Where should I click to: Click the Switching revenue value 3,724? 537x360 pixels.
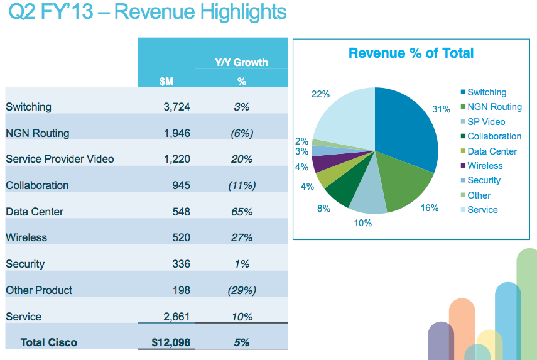pos(176,107)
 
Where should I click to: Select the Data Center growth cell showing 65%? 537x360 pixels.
pos(241,212)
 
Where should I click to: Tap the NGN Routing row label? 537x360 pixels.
pos(37,133)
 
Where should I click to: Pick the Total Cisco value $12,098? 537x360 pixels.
pos(171,342)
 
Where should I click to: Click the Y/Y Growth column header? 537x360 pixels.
pos(241,62)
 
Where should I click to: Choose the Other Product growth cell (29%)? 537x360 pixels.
pos(241,290)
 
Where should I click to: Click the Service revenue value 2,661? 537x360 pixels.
pos(176,317)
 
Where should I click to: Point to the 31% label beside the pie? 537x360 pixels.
pos(442,109)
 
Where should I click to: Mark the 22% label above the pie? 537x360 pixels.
pos(321,94)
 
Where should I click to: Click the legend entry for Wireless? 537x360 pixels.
pos(485,166)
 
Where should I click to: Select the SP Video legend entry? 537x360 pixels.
pos(486,122)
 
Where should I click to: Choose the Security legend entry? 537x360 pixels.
pos(484,180)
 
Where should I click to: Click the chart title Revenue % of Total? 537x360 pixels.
pos(411,53)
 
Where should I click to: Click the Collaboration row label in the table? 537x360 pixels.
pos(37,185)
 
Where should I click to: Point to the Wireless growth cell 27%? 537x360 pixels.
pos(241,237)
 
